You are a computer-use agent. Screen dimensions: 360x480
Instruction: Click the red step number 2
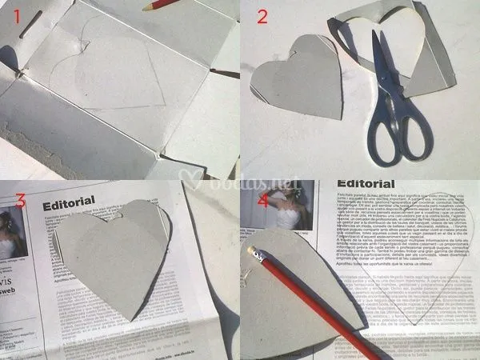(x=262, y=17)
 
